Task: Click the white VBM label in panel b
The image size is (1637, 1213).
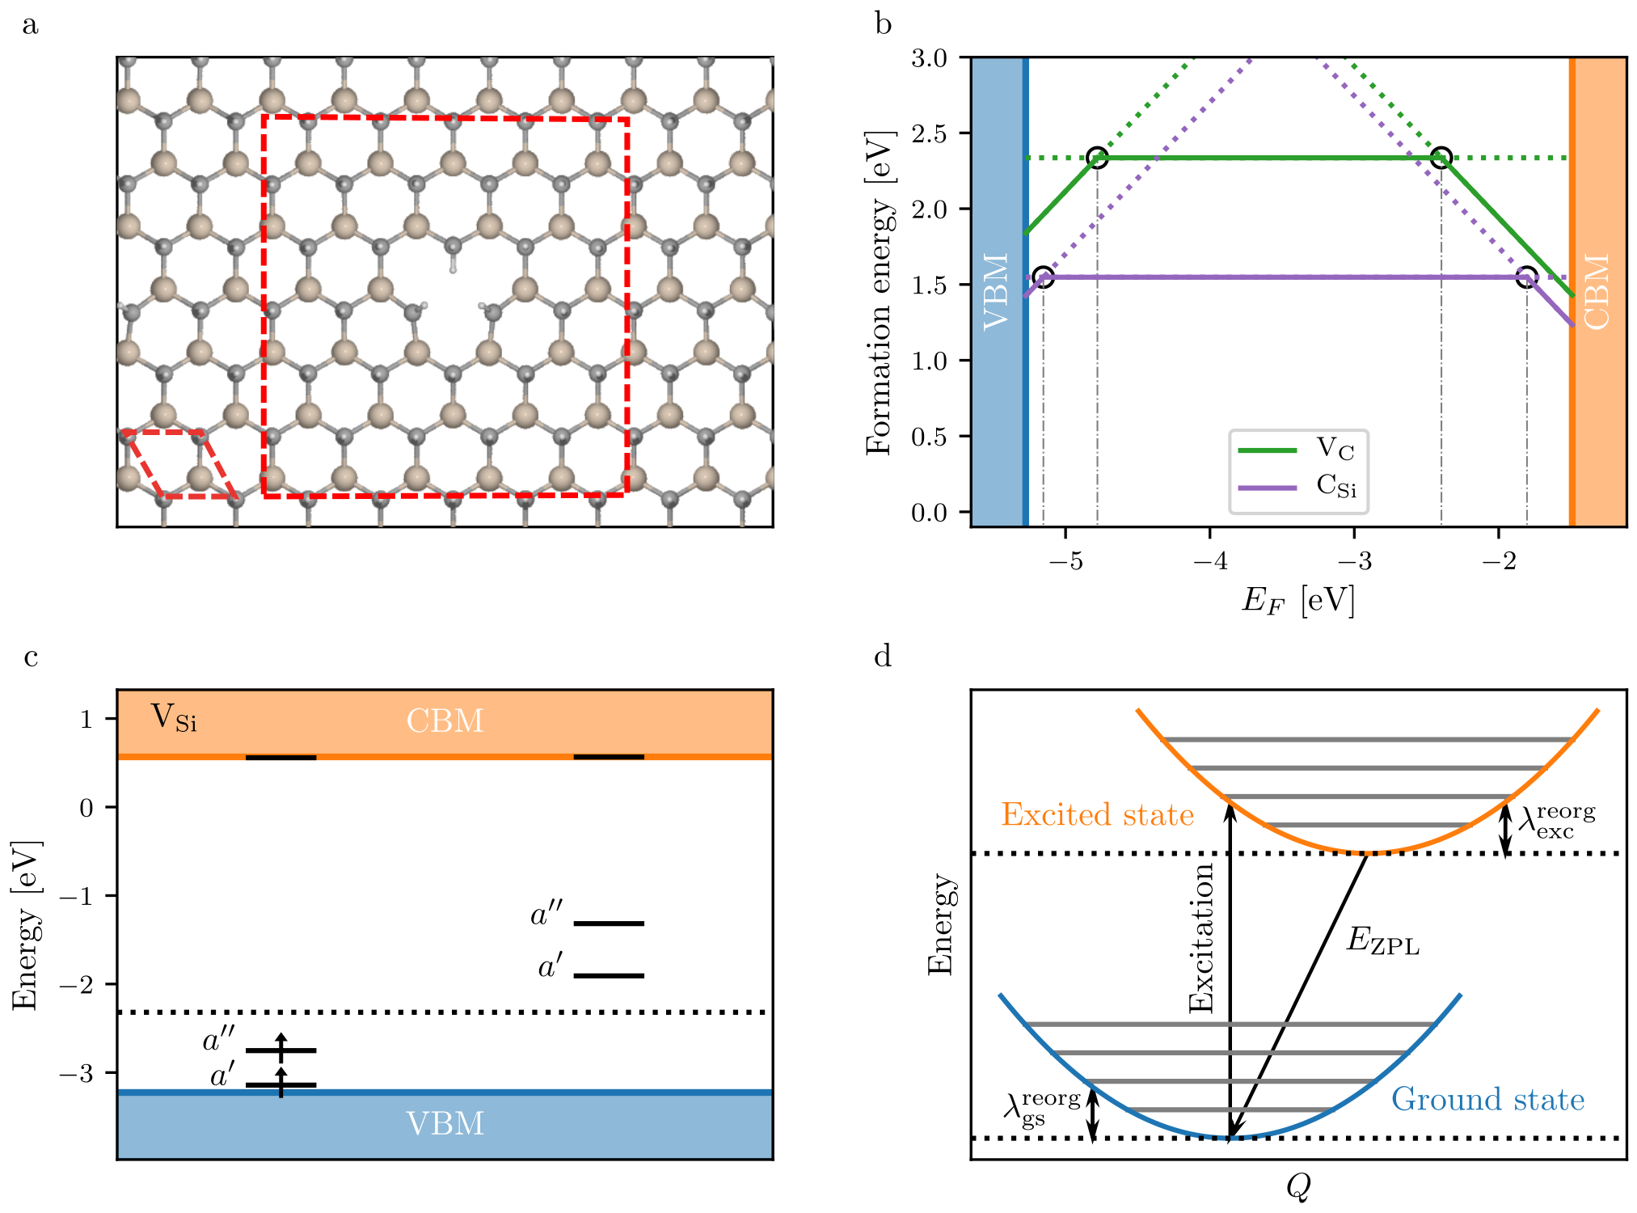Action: point(997,291)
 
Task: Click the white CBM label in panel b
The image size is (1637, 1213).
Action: point(1597,291)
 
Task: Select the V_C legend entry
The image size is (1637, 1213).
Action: point(1334,448)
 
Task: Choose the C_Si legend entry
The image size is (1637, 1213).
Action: point(1335,486)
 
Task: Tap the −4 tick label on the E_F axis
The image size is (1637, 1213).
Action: point(1209,560)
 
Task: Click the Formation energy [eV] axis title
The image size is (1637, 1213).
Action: point(880,293)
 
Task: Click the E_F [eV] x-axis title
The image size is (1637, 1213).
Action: point(1297,601)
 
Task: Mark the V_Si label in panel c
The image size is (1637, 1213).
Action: point(174,717)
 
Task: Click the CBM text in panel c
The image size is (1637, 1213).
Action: point(445,721)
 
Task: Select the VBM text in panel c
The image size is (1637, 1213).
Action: point(445,1124)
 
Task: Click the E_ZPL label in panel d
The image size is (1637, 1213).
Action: point(1382,941)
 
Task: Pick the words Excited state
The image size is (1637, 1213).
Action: point(1097,814)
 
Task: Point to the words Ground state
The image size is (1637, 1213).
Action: point(1487,1100)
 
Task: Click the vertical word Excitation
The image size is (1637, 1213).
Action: point(1202,938)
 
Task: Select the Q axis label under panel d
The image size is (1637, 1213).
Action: point(1297,1187)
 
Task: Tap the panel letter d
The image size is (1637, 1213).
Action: point(883,656)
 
